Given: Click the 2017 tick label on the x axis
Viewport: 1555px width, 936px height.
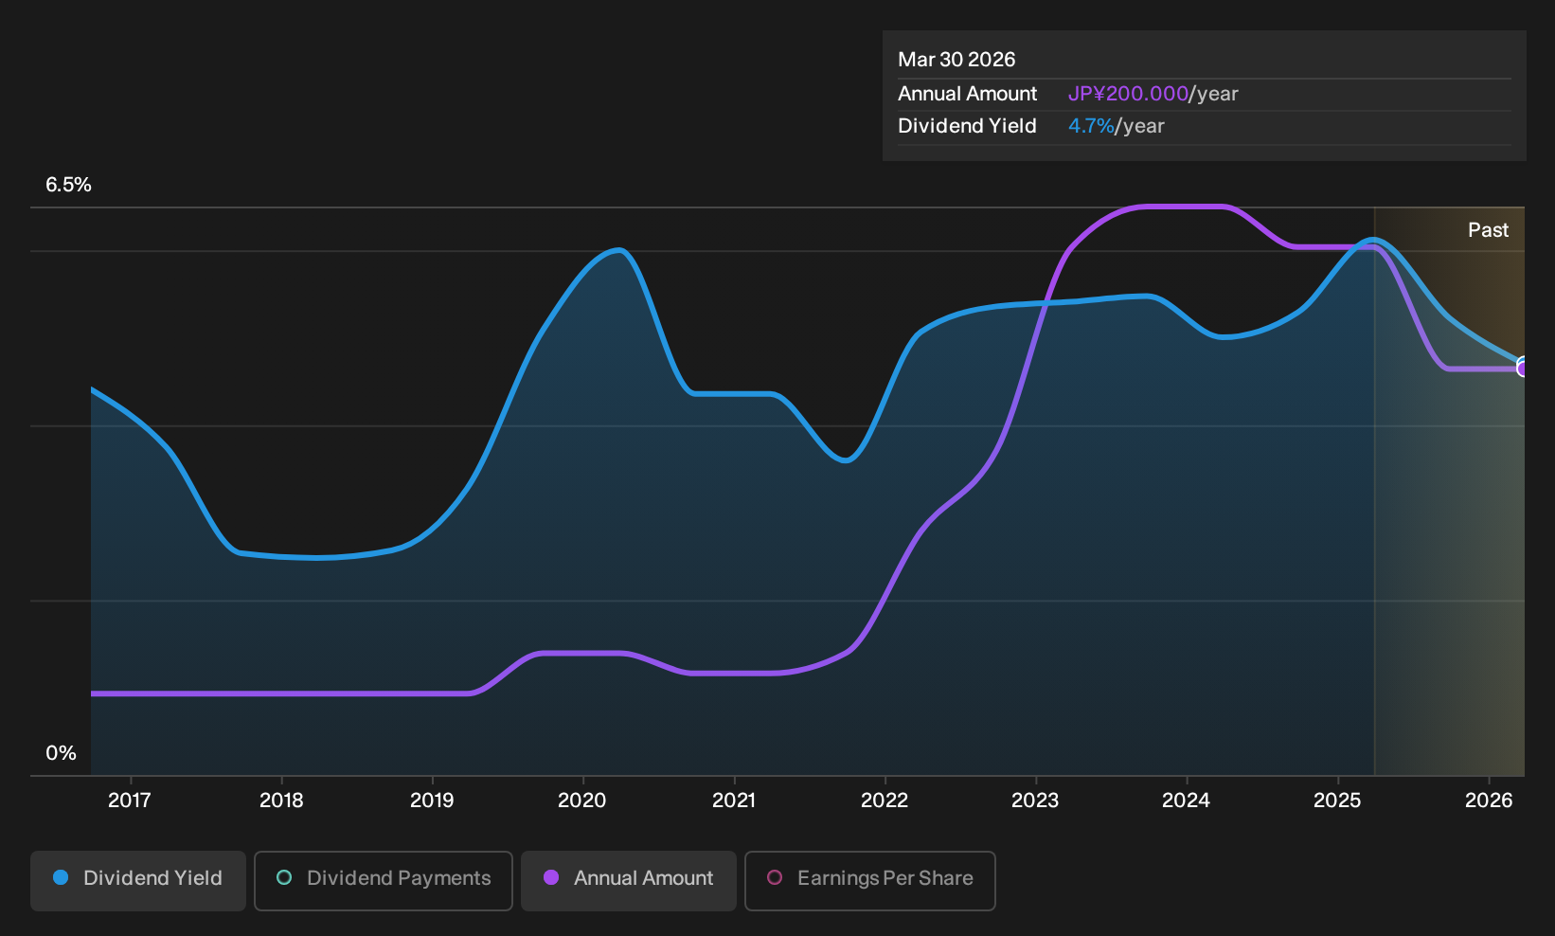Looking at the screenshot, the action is pyautogui.click(x=130, y=801).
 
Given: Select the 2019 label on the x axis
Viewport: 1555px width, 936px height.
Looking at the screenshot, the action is pyautogui.click(x=432, y=801).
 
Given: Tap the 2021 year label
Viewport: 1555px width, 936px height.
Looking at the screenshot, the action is pyautogui.click(x=734, y=801).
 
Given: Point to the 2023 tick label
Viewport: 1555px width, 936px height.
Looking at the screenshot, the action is pyautogui.click(x=1035, y=801).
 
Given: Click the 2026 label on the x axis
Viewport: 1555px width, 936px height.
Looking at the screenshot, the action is pyautogui.click(x=1489, y=801).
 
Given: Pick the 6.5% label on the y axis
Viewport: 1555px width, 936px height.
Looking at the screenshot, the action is pyautogui.click(x=68, y=185).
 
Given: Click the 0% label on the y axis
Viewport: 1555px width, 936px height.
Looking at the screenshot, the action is pyautogui.click(x=62, y=753).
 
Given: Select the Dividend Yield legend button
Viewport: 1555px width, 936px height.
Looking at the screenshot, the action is pyautogui.click(x=138, y=880).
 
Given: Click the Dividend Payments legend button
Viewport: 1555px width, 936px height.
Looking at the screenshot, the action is pyautogui.click(x=384, y=880).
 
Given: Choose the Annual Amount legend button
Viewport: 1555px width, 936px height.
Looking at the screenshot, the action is pyautogui.click(x=628, y=880).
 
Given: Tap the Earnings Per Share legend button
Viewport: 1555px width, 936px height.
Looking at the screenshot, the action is pyautogui.click(x=869, y=880).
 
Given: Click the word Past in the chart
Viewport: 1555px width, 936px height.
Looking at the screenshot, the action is pyautogui.click(x=1488, y=230).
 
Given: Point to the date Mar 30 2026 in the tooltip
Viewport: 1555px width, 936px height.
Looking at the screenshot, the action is pyautogui.click(x=956, y=60).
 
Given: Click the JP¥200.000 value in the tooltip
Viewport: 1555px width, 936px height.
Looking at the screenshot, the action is pyautogui.click(x=1128, y=94).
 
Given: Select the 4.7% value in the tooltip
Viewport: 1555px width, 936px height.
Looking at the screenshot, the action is pyautogui.click(x=1091, y=126).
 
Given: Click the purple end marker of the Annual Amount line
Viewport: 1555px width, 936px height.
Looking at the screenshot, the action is pyautogui.click(x=1523, y=369).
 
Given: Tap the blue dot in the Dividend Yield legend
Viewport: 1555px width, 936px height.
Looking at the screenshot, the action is pyautogui.click(x=62, y=877).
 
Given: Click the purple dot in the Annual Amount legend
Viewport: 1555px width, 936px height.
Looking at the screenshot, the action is pyautogui.click(x=551, y=877).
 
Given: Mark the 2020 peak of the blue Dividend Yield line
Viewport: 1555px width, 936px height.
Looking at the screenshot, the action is pyautogui.click(x=618, y=250).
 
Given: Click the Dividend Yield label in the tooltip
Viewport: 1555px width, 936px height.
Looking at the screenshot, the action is pyautogui.click(x=967, y=126).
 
